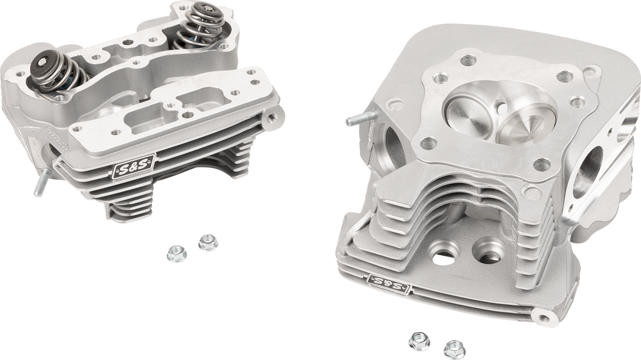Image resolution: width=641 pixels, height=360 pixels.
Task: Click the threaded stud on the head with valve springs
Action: click(41, 182)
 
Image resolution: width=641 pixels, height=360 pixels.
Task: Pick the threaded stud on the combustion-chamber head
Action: click(359, 119)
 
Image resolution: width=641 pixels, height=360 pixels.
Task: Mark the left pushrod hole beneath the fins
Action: click(444, 252)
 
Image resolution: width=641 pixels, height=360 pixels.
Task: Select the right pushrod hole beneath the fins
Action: click(488, 250)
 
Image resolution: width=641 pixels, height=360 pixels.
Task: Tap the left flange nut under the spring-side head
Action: click(177, 254)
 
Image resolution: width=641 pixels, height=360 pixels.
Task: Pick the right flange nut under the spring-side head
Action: click(208, 242)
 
